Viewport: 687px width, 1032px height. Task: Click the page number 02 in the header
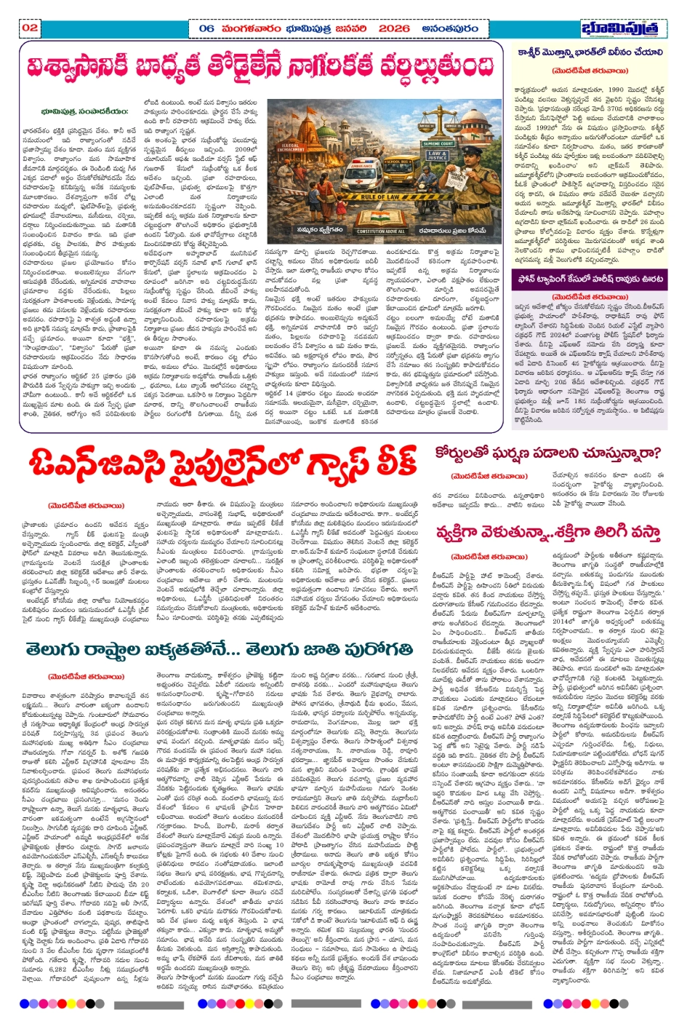[30, 28]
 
